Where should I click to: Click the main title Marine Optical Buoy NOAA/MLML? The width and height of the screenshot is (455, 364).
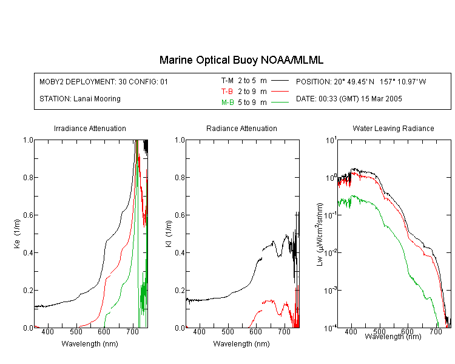241,60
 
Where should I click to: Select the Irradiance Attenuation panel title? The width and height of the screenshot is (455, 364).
90,128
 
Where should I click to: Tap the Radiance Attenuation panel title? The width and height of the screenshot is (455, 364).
241,128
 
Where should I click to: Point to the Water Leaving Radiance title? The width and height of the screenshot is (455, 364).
393,128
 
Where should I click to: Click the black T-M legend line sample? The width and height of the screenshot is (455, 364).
280,81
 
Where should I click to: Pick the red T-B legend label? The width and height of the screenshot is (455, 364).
227,92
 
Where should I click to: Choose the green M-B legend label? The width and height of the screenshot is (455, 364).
227,102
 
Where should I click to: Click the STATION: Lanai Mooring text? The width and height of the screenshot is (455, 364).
80,99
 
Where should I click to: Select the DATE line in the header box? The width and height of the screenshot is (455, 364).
349,99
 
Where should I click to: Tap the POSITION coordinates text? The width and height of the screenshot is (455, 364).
361,81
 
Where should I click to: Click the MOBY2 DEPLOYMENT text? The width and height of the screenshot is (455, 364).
104,81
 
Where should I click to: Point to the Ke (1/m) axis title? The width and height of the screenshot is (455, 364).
17,234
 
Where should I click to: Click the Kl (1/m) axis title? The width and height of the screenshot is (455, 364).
169,234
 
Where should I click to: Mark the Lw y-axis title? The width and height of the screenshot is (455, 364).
320,234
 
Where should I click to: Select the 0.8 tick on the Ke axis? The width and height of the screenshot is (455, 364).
28,177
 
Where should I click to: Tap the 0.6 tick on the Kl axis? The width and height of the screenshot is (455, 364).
180,215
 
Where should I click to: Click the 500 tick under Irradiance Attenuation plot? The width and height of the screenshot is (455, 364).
76,331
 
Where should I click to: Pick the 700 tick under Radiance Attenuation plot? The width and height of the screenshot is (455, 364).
284,331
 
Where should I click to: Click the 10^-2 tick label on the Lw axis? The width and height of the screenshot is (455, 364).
331,252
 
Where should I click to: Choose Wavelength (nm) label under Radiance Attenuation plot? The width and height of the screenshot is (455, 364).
241,344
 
